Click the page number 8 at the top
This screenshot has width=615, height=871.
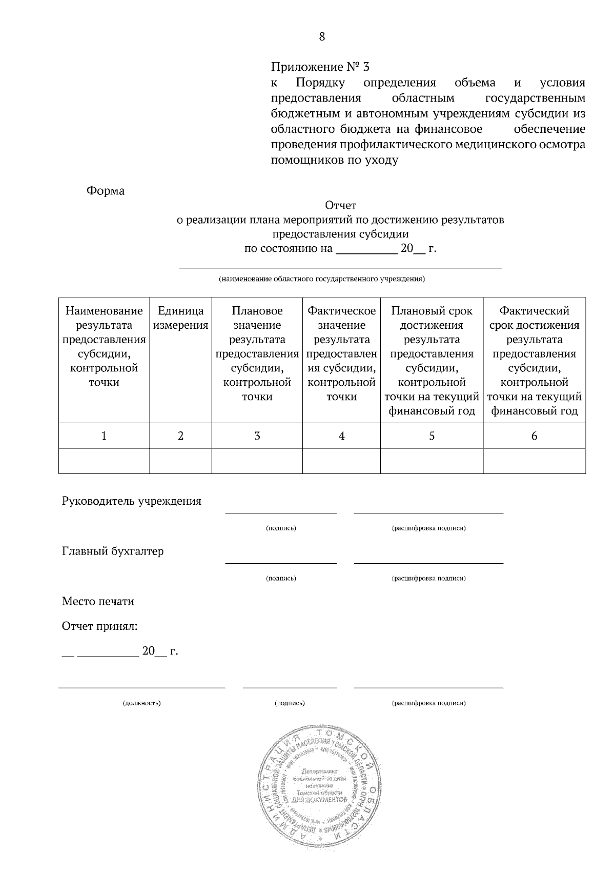[x=322, y=36]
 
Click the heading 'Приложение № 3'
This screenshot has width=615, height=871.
[x=320, y=67]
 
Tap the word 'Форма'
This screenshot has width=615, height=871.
[x=106, y=191]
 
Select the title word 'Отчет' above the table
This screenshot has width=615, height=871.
[x=340, y=206]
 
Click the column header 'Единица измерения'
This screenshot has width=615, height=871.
[x=180, y=318]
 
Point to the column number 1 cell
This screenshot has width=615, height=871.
[x=104, y=436]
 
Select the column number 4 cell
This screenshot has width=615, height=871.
[x=341, y=436]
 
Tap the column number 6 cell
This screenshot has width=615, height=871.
[x=534, y=436]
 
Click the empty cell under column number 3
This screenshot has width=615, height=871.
[x=257, y=461]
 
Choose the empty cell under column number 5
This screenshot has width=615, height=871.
[x=432, y=461]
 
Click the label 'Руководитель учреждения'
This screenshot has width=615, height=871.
[x=132, y=501]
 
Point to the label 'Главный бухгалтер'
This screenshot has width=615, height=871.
[x=113, y=551]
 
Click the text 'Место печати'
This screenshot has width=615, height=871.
[x=98, y=601]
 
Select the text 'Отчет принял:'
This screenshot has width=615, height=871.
[x=100, y=626]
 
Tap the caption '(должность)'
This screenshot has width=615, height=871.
[x=141, y=703]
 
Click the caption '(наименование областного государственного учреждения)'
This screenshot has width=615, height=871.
[x=322, y=280]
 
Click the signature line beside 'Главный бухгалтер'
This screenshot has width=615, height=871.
[x=281, y=563]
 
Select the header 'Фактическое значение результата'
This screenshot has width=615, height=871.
[x=341, y=354]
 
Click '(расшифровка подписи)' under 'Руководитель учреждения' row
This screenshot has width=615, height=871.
[x=428, y=528]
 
